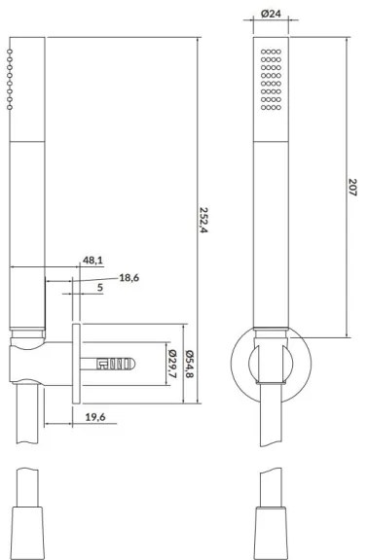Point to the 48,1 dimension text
click(x=93, y=261)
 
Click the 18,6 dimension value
click(x=129, y=278)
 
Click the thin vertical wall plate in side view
click(x=75, y=364)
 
